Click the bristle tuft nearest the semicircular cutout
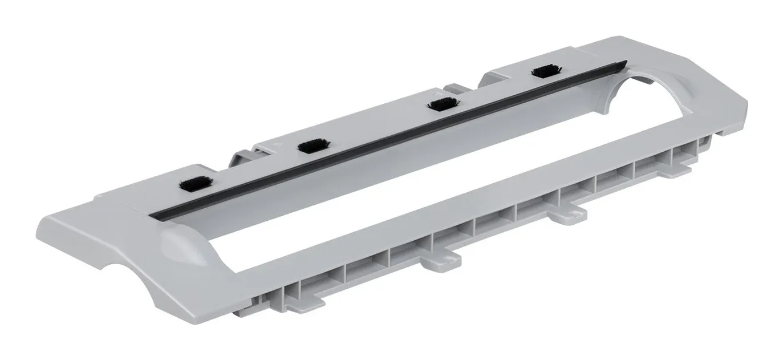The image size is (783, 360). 546,71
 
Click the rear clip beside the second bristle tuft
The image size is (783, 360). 242,158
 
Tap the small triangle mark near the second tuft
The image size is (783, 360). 275,146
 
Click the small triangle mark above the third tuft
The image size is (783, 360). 437,91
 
